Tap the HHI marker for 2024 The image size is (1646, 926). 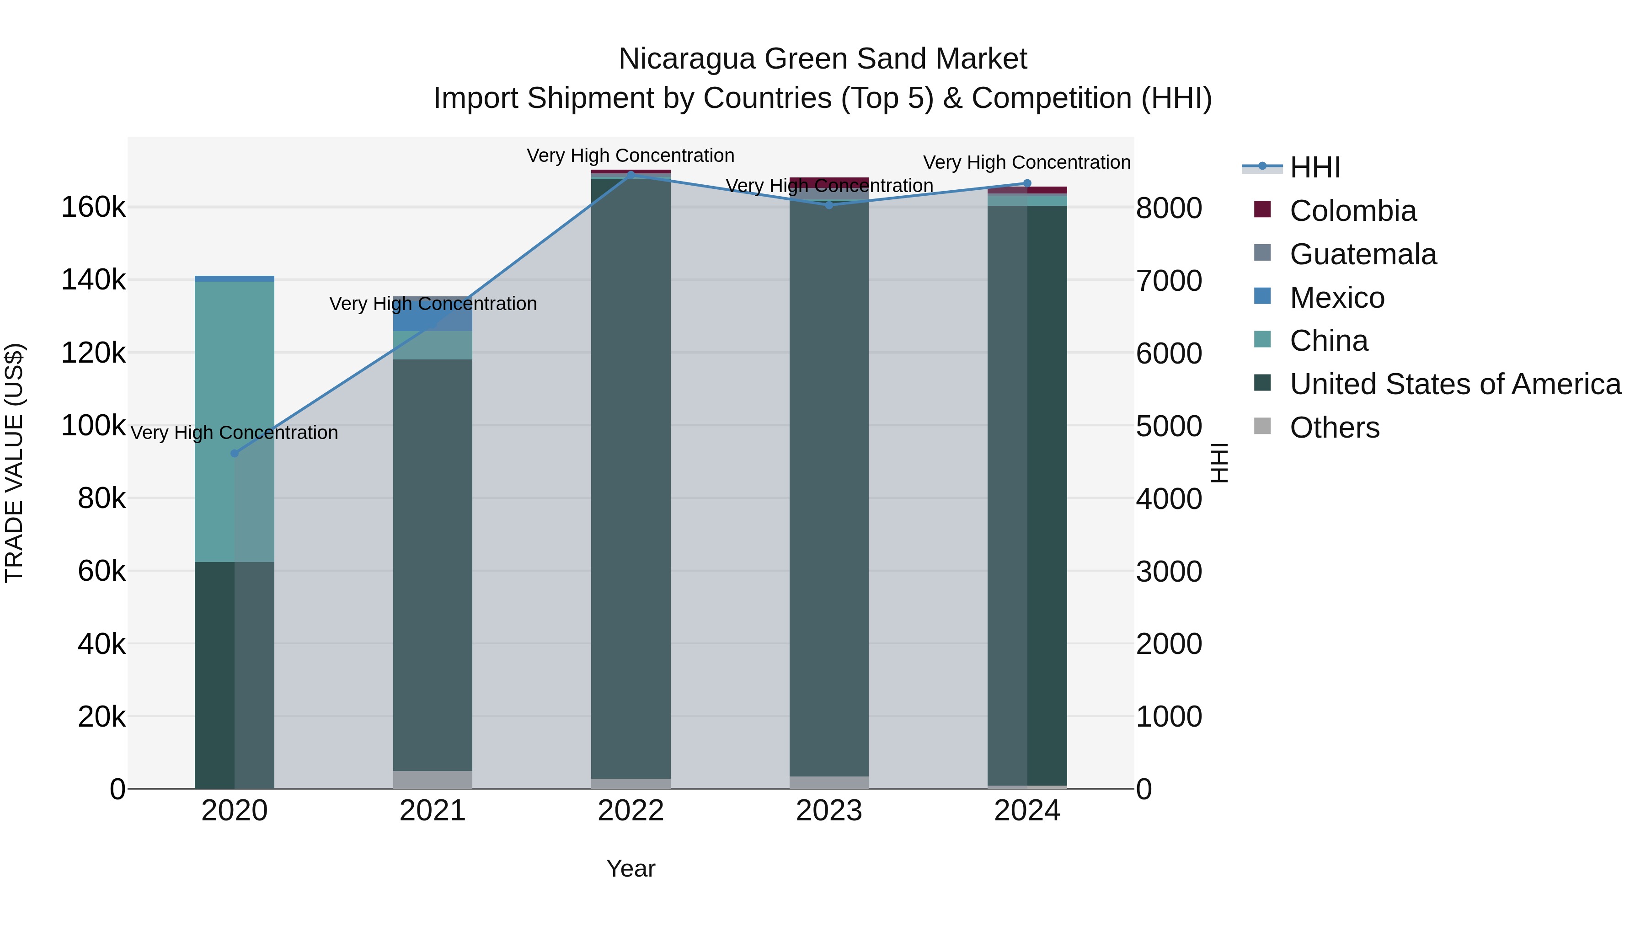pyautogui.click(x=1027, y=183)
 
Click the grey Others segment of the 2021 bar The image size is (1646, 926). pyautogui.click(x=432, y=780)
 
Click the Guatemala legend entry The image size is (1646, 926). pyautogui.click(x=1363, y=254)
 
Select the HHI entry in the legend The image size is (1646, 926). pyautogui.click(x=1315, y=167)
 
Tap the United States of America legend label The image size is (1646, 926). pyautogui.click(x=1455, y=384)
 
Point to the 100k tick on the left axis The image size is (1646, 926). pyautogui.click(x=93, y=426)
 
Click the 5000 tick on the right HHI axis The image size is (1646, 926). pyautogui.click(x=1169, y=426)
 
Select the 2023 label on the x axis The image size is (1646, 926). pyautogui.click(x=829, y=811)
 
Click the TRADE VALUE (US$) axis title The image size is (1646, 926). pyautogui.click(x=14, y=463)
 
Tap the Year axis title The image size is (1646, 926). pyautogui.click(x=631, y=868)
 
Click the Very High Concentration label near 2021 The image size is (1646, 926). pyautogui.click(x=433, y=304)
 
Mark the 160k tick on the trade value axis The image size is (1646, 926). pyautogui.click(x=93, y=208)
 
